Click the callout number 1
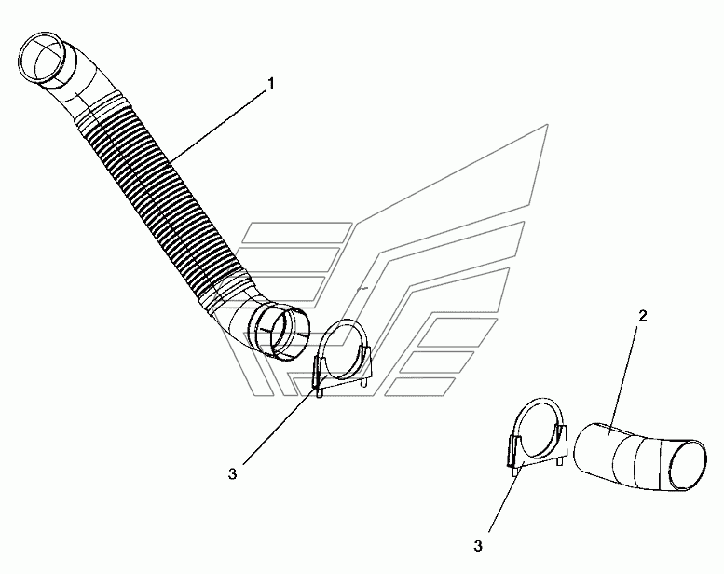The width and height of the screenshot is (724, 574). tap(271, 84)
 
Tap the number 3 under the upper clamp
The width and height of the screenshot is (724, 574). tap(232, 472)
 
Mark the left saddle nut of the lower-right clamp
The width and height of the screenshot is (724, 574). tap(514, 459)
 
